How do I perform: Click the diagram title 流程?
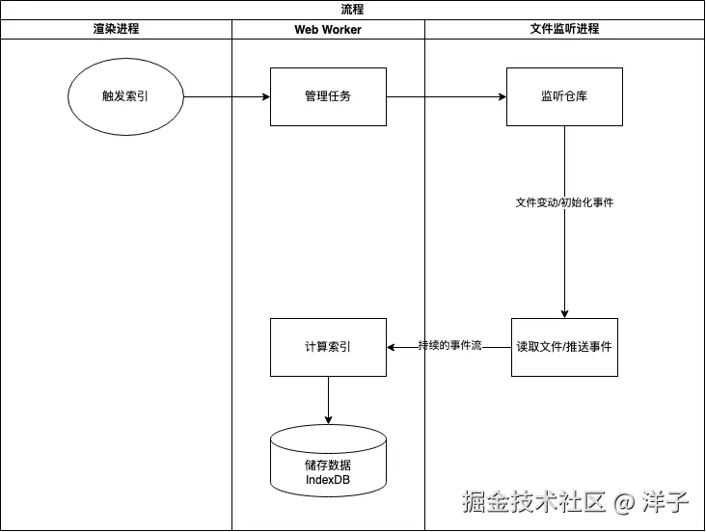(x=353, y=10)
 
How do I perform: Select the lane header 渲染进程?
(x=116, y=29)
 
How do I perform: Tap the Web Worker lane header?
(x=328, y=30)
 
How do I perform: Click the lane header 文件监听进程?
(x=565, y=29)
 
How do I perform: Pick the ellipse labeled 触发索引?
(x=125, y=96)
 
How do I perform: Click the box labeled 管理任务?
(x=328, y=96)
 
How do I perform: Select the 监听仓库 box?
(x=564, y=96)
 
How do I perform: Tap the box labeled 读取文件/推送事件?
(x=564, y=347)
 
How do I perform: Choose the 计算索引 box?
(x=328, y=347)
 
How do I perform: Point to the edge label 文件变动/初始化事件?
(x=564, y=203)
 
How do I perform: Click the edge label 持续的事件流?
(x=449, y=345)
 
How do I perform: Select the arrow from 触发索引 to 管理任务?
(x=227, y=96)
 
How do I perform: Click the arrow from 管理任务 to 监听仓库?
(x=446, y=96)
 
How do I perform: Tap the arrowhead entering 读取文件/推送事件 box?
(x=564, y=313)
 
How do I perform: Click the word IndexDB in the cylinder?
(x=328, y=479)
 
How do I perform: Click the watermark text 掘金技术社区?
(x=533, y=502)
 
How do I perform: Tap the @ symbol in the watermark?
(x=625, y=503)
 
